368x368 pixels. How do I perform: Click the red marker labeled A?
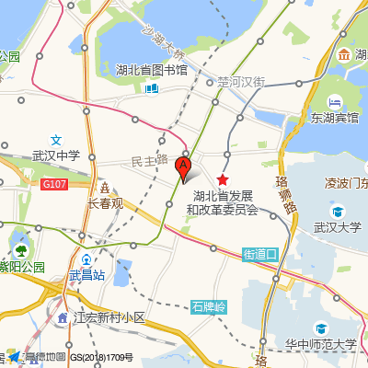click(183, 167)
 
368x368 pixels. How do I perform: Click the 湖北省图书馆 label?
click(152, 70)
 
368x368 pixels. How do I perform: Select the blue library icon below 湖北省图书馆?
click(151, 88)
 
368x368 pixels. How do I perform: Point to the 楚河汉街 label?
click(241, 82)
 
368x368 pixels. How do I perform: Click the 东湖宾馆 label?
click(335, 118)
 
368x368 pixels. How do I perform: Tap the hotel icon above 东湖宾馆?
click(335, 101)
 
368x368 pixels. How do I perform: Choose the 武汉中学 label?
click(57, 156)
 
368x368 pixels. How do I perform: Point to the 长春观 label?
click(105, 203)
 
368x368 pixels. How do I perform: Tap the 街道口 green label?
click(260, 252)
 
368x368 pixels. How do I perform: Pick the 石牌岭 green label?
click(210, 305)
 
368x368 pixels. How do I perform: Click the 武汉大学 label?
click(338, 227)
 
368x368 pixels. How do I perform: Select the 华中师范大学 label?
click(320, 345)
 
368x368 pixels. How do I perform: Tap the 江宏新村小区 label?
click(109, 317)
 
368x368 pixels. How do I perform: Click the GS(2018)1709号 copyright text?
click(102, 357)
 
